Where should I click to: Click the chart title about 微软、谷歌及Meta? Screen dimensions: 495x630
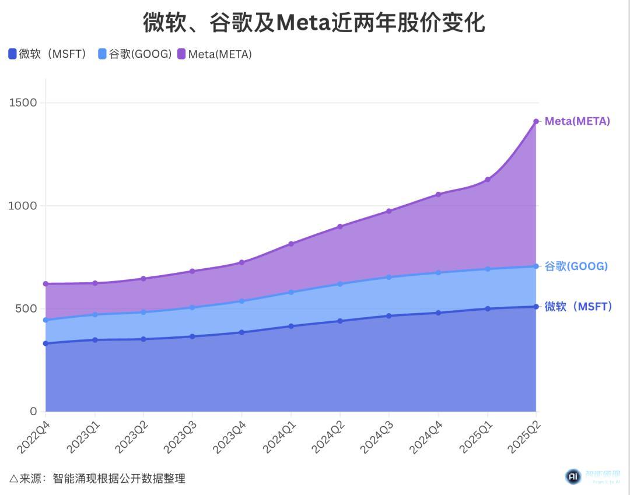tap(314, 23)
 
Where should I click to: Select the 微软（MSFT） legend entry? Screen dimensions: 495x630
tap(48, 54)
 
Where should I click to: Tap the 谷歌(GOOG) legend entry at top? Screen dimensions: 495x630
tap(135, 54)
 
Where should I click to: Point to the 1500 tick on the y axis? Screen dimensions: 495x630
tap(23, 103)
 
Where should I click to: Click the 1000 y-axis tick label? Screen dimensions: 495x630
tap(23, 206)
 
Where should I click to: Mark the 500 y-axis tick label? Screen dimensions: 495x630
tap(26, 308)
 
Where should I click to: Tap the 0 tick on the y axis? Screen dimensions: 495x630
tap(33, 412)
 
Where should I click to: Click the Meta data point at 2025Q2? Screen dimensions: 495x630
tap(536, 121)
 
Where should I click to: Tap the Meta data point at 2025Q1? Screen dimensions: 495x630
tap(487, 180)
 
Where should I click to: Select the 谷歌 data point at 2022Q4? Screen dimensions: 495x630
tap(45, 320)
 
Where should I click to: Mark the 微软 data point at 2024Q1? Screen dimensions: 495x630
tap(291, 326)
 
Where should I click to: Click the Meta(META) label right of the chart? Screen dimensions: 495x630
tap(577, 121)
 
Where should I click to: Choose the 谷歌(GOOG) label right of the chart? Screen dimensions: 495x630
tap(576, 266)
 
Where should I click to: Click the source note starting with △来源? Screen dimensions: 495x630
tap(97, 479)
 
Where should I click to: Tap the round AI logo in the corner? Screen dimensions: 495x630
tap(573, 477)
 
